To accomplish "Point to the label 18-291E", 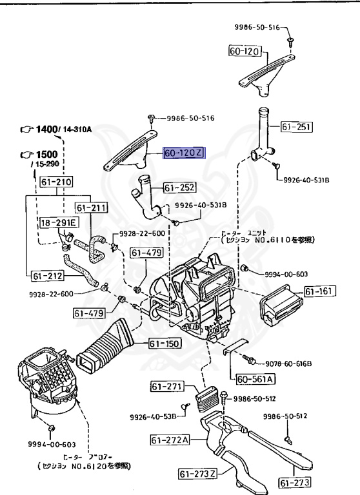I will tap(58, 223).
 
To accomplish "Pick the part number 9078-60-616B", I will tap(287, 364).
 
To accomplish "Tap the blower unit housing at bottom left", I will tap(45, 384).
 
